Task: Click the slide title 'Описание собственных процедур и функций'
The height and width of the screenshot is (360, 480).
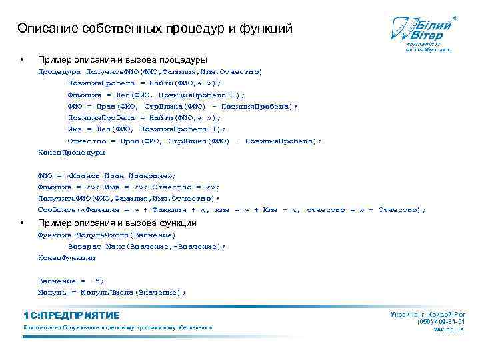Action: tap(155, 29)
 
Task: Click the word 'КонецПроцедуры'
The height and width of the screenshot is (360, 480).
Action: tap(71, 153)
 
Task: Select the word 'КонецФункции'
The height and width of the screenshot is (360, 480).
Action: tap(67, 257)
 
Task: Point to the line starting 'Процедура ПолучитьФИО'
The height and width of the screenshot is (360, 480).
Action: tap(150, 71)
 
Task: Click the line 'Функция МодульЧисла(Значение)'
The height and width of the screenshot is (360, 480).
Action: tap(107, 235)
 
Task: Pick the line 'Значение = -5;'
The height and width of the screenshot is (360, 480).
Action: tap(71, 281)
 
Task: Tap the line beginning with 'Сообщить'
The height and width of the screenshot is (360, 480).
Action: tap(232, 210)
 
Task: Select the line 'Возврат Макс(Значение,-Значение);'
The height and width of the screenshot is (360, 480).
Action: tap(147, 246)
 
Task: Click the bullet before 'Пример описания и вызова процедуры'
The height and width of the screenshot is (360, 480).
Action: tap(23, 60)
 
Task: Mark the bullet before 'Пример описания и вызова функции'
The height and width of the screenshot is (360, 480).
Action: tap(23, 223)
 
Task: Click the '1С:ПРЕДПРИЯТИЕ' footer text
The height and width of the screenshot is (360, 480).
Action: tap(71, 315)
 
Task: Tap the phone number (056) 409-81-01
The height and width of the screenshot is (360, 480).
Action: tap(441, 321)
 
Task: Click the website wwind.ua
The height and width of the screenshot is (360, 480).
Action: tap(449, 329)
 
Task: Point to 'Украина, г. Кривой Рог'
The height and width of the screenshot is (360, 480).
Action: tap(427, 313)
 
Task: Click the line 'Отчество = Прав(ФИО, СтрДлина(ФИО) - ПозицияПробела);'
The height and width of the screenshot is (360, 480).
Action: tap(194, 141)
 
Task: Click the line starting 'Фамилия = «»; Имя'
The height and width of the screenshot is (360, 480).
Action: tap(129, 187)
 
